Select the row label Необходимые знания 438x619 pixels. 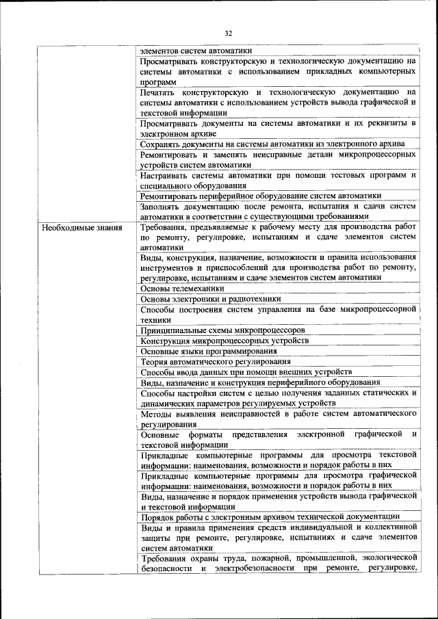[x=81, y=227]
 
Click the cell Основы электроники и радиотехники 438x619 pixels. [x=210, y=299]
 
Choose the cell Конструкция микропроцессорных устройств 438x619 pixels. [x=224, y=340]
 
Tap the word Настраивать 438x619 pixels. [x=167, y=174]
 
